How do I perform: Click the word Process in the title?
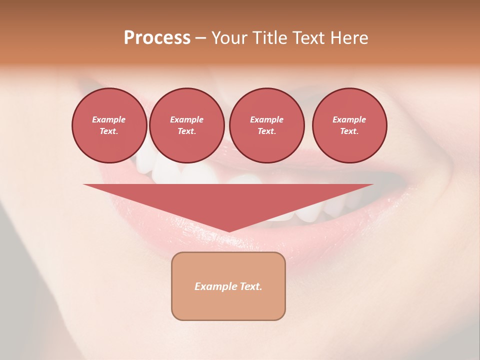click(157, 38)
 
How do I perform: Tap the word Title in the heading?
click(268, 38)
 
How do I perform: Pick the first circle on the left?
click(109, 125)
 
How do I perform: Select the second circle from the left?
click(187, 125)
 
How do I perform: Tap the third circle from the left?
click(267, 125)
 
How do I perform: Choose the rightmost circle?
click(349, 125)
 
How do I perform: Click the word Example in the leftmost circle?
click(109, 119)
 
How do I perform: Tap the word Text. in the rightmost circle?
click(349, 131)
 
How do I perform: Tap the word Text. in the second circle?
click(187, 131)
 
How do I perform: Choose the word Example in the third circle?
click(267, 119)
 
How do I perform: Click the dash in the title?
click(201, 38)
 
